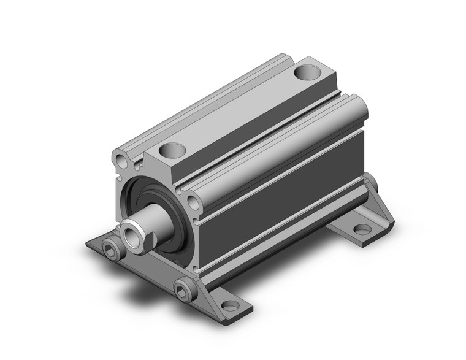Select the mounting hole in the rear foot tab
(x=363, y=229)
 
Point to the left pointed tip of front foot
(x=88, y=245)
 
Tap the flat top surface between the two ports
(x=239, y=110)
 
